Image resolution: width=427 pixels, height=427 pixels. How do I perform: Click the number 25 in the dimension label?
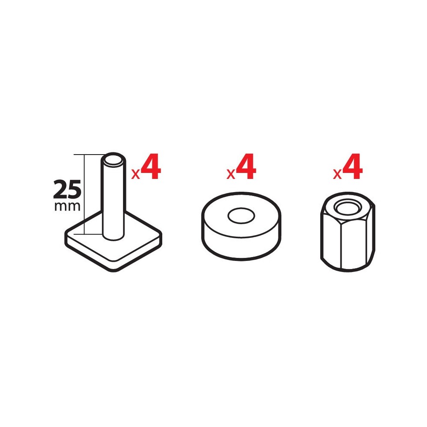pyautogui.click(x=67, y=189)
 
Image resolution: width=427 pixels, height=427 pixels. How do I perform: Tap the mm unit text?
pyautogui.click(x=67, y=206)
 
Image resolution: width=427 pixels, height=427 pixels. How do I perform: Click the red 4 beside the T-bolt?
pyautogui.click(x=151, y=167)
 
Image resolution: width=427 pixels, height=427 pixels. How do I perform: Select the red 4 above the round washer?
pyautogui.click(x=246, y=167)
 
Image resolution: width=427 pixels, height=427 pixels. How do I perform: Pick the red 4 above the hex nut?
pyautogui.click(x=352, y=167)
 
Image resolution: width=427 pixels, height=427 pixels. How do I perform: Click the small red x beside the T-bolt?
pyautogui.click(x=136, y=174)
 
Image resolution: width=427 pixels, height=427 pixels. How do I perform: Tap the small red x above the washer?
pyautogui.click(x=231, y=174)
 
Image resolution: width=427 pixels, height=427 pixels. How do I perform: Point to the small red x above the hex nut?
pyautogui.click(x=337, y=174)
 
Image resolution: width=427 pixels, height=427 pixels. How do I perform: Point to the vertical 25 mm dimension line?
pyautogui.click(x=85, y=194)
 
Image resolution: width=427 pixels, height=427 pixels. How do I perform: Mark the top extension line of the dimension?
pyautogui.click(x=88, y=155)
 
